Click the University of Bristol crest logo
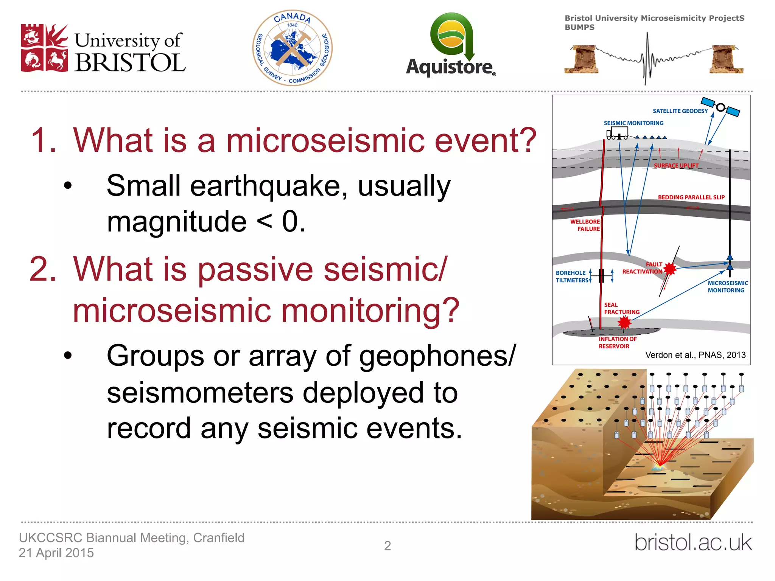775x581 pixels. tap(45, 48)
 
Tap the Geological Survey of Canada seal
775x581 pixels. tap(292, 48)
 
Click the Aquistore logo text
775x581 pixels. tap(450, 67)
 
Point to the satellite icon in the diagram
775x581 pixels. tap(721, 107)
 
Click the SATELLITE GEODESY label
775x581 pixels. tap(680, 111)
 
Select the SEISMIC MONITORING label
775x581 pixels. tap(633, 123)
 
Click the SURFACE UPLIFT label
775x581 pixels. tap(676, 166)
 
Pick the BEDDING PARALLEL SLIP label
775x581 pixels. tap(691, 197)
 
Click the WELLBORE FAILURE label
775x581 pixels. tap(585, 225)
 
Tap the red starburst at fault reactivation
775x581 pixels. tap(670, 269)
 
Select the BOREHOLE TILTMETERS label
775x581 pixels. tap(572, 277)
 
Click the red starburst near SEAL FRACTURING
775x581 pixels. tap(624, 322)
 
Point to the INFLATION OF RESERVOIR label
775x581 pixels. tap(617, 343)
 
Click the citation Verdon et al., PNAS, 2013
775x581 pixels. tap(695, 355)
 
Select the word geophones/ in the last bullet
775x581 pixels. tap(437, 356)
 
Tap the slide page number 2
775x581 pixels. tap(387, 546)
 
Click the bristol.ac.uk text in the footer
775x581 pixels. tap(693, 542)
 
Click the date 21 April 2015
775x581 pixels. tap(56, 553)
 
